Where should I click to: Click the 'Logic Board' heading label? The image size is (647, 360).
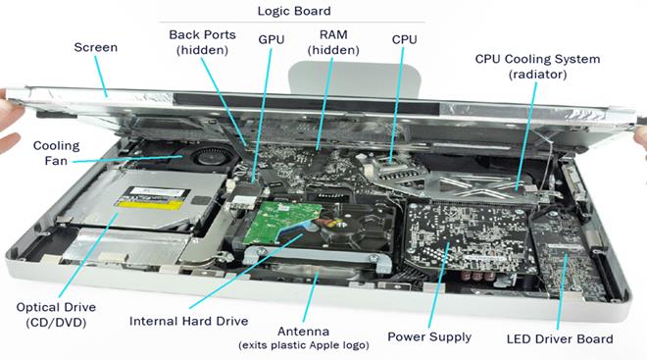pos(294,11)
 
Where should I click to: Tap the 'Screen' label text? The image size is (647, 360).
pos(96,47)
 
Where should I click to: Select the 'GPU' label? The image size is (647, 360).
pos(272,39)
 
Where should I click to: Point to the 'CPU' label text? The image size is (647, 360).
pos(404,39)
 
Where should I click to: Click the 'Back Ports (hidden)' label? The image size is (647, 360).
pos(202,42)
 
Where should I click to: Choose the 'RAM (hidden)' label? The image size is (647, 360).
pos(333,42)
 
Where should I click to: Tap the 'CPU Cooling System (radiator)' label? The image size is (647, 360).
pos(537,67)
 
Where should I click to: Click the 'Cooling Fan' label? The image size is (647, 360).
pos(56,153)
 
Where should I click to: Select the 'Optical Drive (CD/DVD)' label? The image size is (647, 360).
pos(56,315)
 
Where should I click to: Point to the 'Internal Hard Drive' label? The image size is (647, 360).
pos(188,321)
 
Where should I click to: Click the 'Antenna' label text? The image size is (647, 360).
pos(303,332)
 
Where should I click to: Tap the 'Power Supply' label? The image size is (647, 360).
pos(429,336)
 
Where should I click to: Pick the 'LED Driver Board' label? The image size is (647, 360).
pos(560,339)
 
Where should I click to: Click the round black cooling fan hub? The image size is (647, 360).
pos(209,156)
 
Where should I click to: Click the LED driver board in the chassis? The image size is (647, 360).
pos(566,256)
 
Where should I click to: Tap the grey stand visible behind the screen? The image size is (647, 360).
pos(354,79)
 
